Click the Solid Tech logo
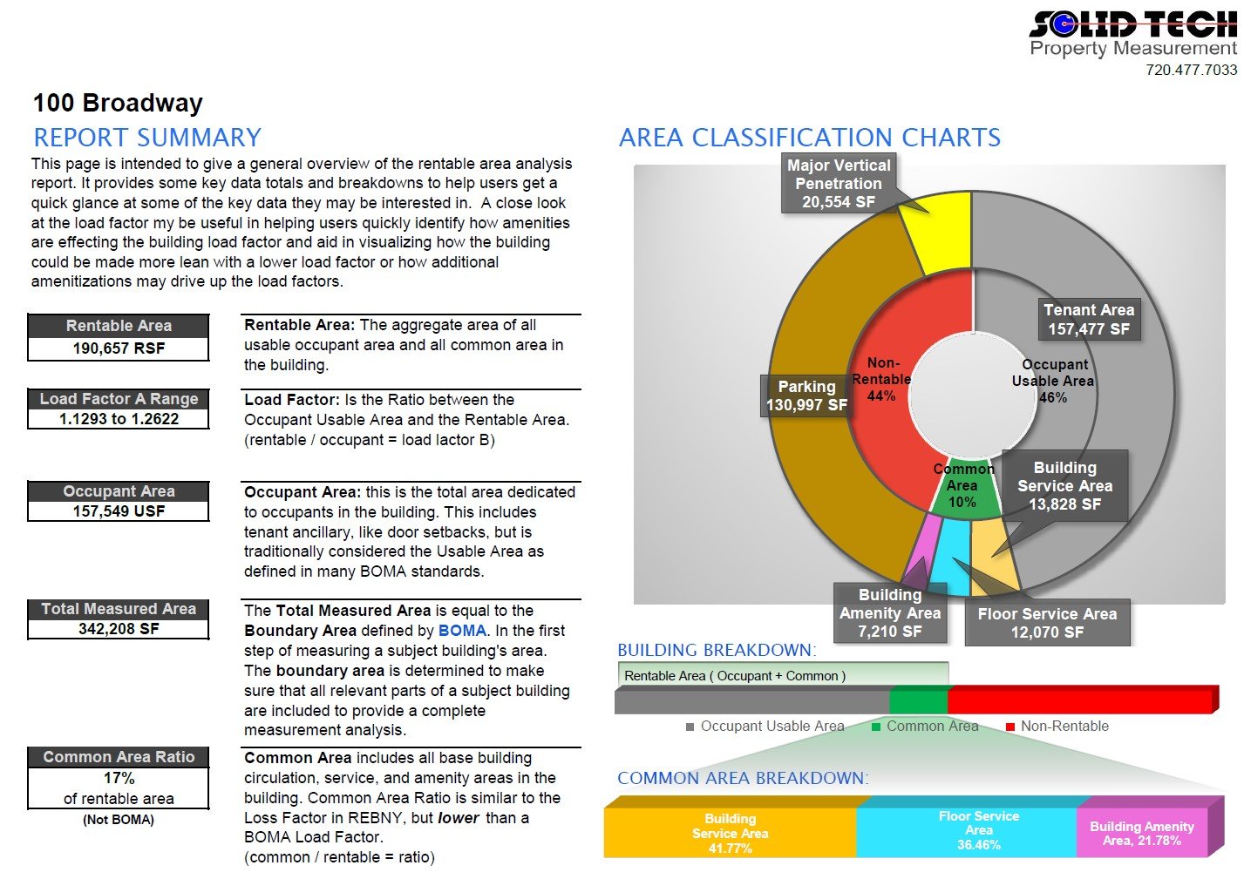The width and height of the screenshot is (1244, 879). coord(1132,34)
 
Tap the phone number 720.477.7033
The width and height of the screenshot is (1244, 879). coord(1191,70)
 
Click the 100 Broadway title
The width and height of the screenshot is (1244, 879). coord(118,103)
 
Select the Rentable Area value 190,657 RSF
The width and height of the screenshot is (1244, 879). coord(119,348)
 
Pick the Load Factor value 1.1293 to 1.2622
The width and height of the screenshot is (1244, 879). coord(119,419)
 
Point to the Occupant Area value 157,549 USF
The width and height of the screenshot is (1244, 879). coord(119,511)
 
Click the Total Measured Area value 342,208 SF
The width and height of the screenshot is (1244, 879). coord(119,629)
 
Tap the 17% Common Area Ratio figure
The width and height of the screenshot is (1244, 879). coord(119,778)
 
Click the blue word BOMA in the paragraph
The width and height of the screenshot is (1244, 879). coord(462,631)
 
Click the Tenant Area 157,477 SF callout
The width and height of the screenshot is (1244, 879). coord(1089,320)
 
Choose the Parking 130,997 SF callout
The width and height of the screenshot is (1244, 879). coord(806,396)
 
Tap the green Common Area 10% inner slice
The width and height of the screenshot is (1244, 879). coord(962,492)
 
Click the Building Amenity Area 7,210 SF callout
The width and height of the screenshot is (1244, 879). coord(890,613)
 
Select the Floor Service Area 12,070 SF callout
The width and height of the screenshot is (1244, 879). coord(1047,623)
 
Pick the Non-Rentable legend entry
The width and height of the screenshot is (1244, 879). coord(1057,727)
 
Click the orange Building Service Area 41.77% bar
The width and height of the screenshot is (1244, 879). coord(730,833)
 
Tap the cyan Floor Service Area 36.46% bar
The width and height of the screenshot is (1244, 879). coord(978,830)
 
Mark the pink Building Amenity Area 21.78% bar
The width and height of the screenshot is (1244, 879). coord(1141,834)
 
